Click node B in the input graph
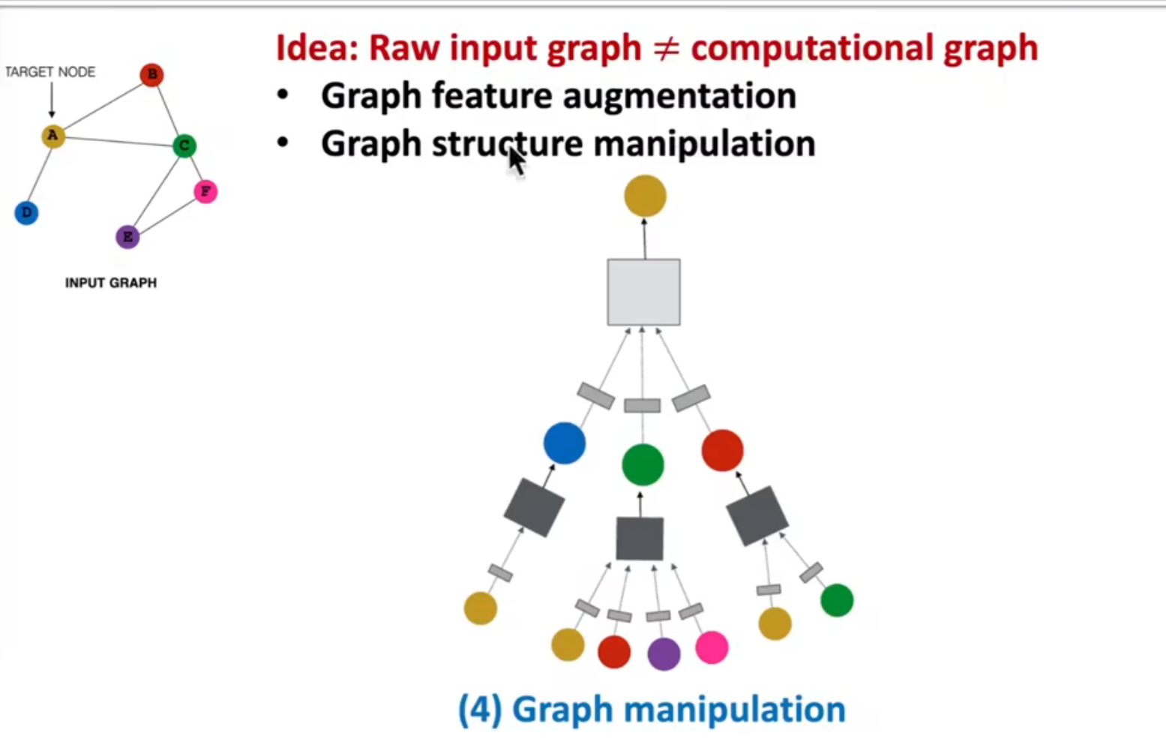click(x=151, y=74)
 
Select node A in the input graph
click(x=52, y=136)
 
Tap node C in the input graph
click(x=184, y=146)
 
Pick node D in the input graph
click(x=26, y=213)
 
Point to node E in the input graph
click(x=127, y=237)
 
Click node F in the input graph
click(x=205, y=191)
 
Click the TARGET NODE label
click(x=50, y=72)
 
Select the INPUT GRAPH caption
click(x=111, y=283)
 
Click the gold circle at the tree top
click(x=645, y=196)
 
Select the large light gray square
click(x=643, y=292)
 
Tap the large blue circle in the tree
click(x=564, y=443)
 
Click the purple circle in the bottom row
click(x=664, y=653)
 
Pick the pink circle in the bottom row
click(x=712, y=647)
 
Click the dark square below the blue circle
click(x=534, y=508)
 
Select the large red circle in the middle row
click(x=722, y=450)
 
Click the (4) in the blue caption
click(x=480, y=710)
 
